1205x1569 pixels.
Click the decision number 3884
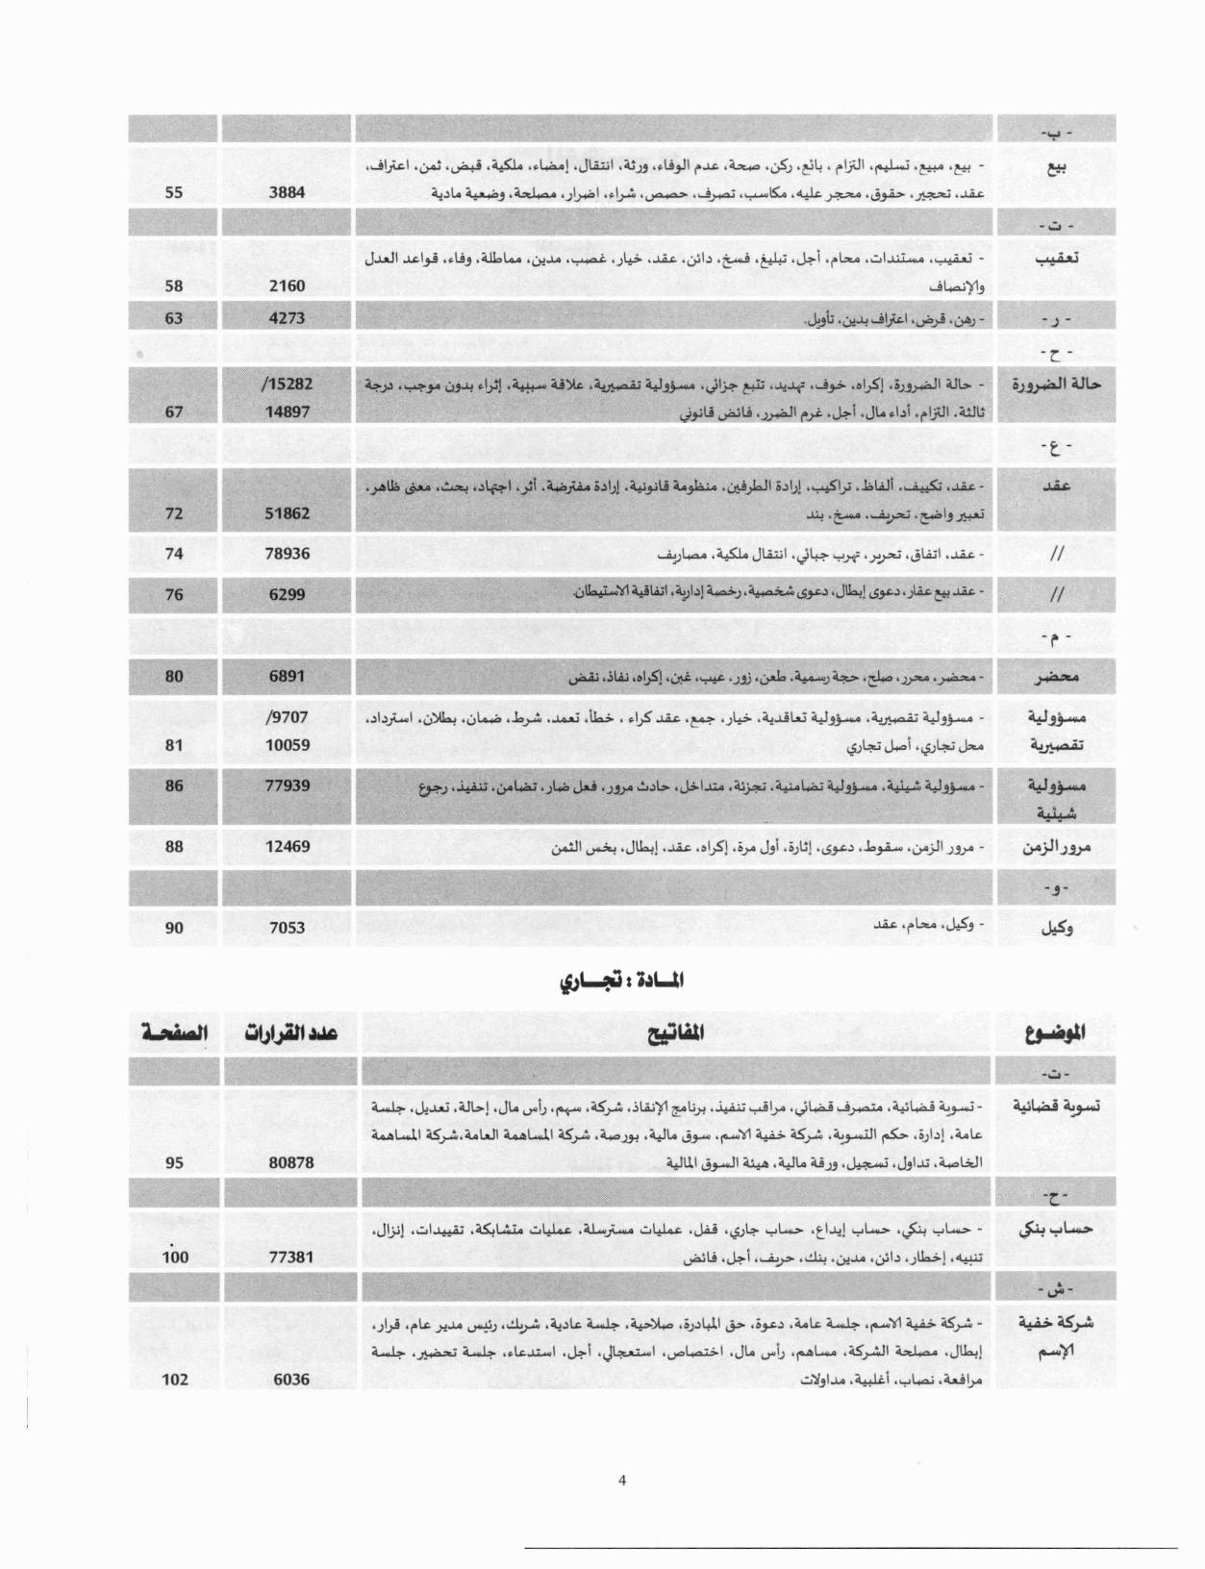pyautogui.click(x=287, y=192)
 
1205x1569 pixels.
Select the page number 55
pyautogui.click(x=174, y=192)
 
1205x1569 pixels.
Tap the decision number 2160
pyautogui.click(x=287, y=286)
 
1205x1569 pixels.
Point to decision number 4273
pyautogui.click(x=287, y=318)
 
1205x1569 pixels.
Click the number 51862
pyautogui.click(x=287, y=513)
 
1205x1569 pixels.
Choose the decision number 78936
pyautogui.click(x=287, y=554)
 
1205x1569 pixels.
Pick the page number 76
pyautogui.click(x=174, y=594)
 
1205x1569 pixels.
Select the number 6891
pyautogui.click(x=287, y=676)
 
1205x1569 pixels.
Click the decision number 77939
pyautogui.click(x=287, y=785)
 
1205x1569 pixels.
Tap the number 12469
pyautogui.click(x=287, y=847)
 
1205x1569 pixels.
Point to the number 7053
pyautogui.click(x=287, y=928)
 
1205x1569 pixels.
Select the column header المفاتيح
pyautogui.click(x=674, y=1033)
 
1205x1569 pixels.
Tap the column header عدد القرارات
pyautogui.click(x=288, y=1034)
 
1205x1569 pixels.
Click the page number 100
pyautogui.click(x=175, y=1257)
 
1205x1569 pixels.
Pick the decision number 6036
pyautogui.click(x=290, y=1380)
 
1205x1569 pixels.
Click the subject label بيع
pyautogui.click(x=1056, y=166)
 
